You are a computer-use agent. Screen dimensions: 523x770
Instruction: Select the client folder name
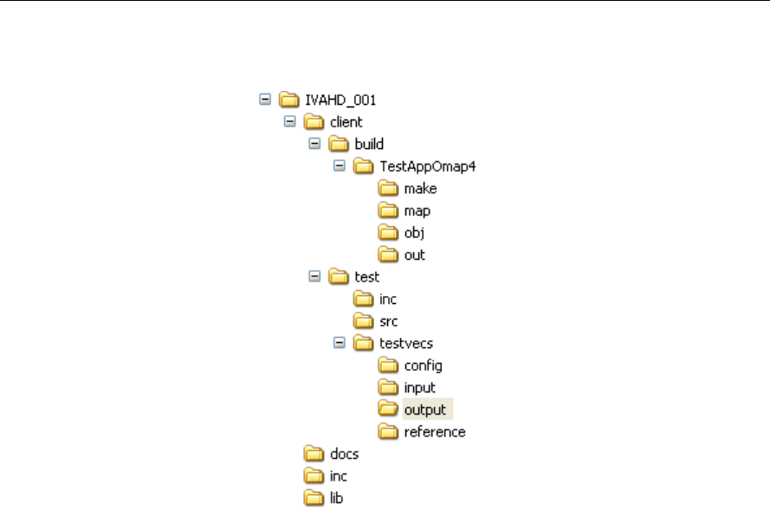click(346, 122)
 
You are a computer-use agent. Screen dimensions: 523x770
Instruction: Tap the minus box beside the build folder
click(315, 144)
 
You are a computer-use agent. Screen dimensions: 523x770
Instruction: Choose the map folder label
click(417, 210)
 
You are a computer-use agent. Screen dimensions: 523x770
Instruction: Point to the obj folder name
click(413, 233)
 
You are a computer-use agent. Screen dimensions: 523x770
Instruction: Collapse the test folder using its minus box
click(315, 277)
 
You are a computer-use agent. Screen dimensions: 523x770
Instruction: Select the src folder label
click(389, 321)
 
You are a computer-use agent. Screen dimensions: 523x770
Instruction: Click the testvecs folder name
click(405, 343)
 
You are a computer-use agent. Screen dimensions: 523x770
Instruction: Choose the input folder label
click(420, 388)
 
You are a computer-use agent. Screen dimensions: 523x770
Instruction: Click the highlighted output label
click(424, 410)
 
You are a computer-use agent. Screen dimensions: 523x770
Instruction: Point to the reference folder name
click(435, 432)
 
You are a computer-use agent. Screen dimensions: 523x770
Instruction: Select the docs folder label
click(344, 454)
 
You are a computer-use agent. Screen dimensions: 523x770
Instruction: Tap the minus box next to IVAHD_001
click(265, 100)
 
